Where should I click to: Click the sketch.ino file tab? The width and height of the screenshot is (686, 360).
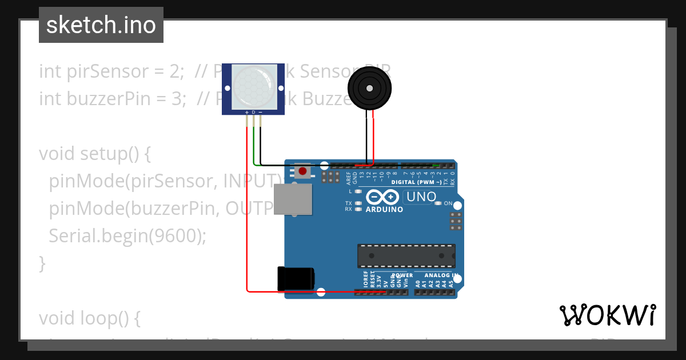pos(101,25)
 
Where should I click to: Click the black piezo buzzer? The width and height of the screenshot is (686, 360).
pos(369,88)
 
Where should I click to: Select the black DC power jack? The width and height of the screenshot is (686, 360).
pos(295,278)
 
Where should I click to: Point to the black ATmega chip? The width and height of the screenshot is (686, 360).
pos(406,255)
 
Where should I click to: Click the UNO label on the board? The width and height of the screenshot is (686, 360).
pos(420,197)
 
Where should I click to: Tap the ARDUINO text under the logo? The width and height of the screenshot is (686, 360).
pos(384,209)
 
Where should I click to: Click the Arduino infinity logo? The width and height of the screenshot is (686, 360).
pos(382,197)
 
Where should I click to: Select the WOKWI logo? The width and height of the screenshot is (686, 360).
pos(607,315)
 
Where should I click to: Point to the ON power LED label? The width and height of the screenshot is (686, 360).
pos(448,203)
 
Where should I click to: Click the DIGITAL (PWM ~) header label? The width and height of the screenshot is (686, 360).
pos(416,182)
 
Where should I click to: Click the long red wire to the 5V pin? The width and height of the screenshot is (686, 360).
pos(248,229)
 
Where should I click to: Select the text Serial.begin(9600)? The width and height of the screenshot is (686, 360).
pos(127,236)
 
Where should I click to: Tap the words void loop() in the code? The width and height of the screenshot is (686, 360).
pos(89,318)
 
